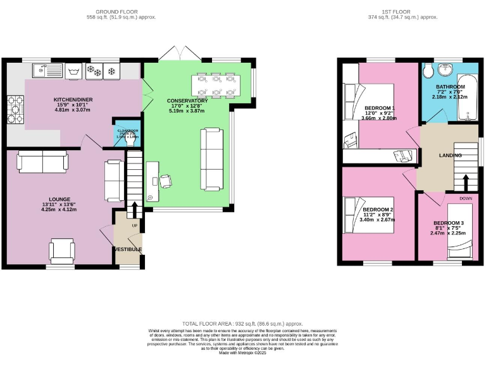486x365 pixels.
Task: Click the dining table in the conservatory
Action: (216, 85)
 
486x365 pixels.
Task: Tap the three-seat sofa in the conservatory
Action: (212, 158)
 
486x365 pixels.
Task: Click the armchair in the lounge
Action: (63, 251)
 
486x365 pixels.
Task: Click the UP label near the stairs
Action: (135, 226)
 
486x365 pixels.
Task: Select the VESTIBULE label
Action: (127, 249)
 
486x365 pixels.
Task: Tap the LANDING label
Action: (451, 155)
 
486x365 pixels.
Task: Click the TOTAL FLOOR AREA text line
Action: (242, 323)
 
